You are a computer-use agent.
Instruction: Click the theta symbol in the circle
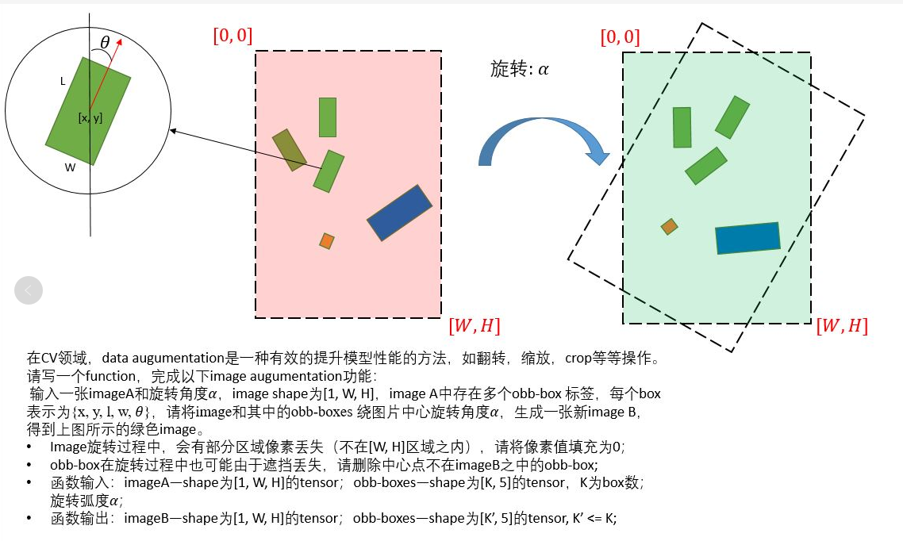(106, 42)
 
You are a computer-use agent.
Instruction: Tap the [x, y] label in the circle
(90, 118)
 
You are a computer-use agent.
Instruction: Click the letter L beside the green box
(63, 82)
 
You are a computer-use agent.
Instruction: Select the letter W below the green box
(70, 167)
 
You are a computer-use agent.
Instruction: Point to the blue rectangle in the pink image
(399, 213)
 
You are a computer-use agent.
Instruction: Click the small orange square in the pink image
(326, 240)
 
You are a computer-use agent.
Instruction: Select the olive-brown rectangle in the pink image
(289, 150)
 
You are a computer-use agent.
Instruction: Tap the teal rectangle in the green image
(747, 238)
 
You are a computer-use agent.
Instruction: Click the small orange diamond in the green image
(670, 227)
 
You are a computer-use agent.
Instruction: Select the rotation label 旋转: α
(520, 69)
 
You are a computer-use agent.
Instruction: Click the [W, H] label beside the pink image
(474, 325)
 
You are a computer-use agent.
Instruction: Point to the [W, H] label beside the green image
(842, 326)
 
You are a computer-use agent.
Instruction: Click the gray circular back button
(28, 291)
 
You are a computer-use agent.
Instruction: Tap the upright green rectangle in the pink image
(327, 117)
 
